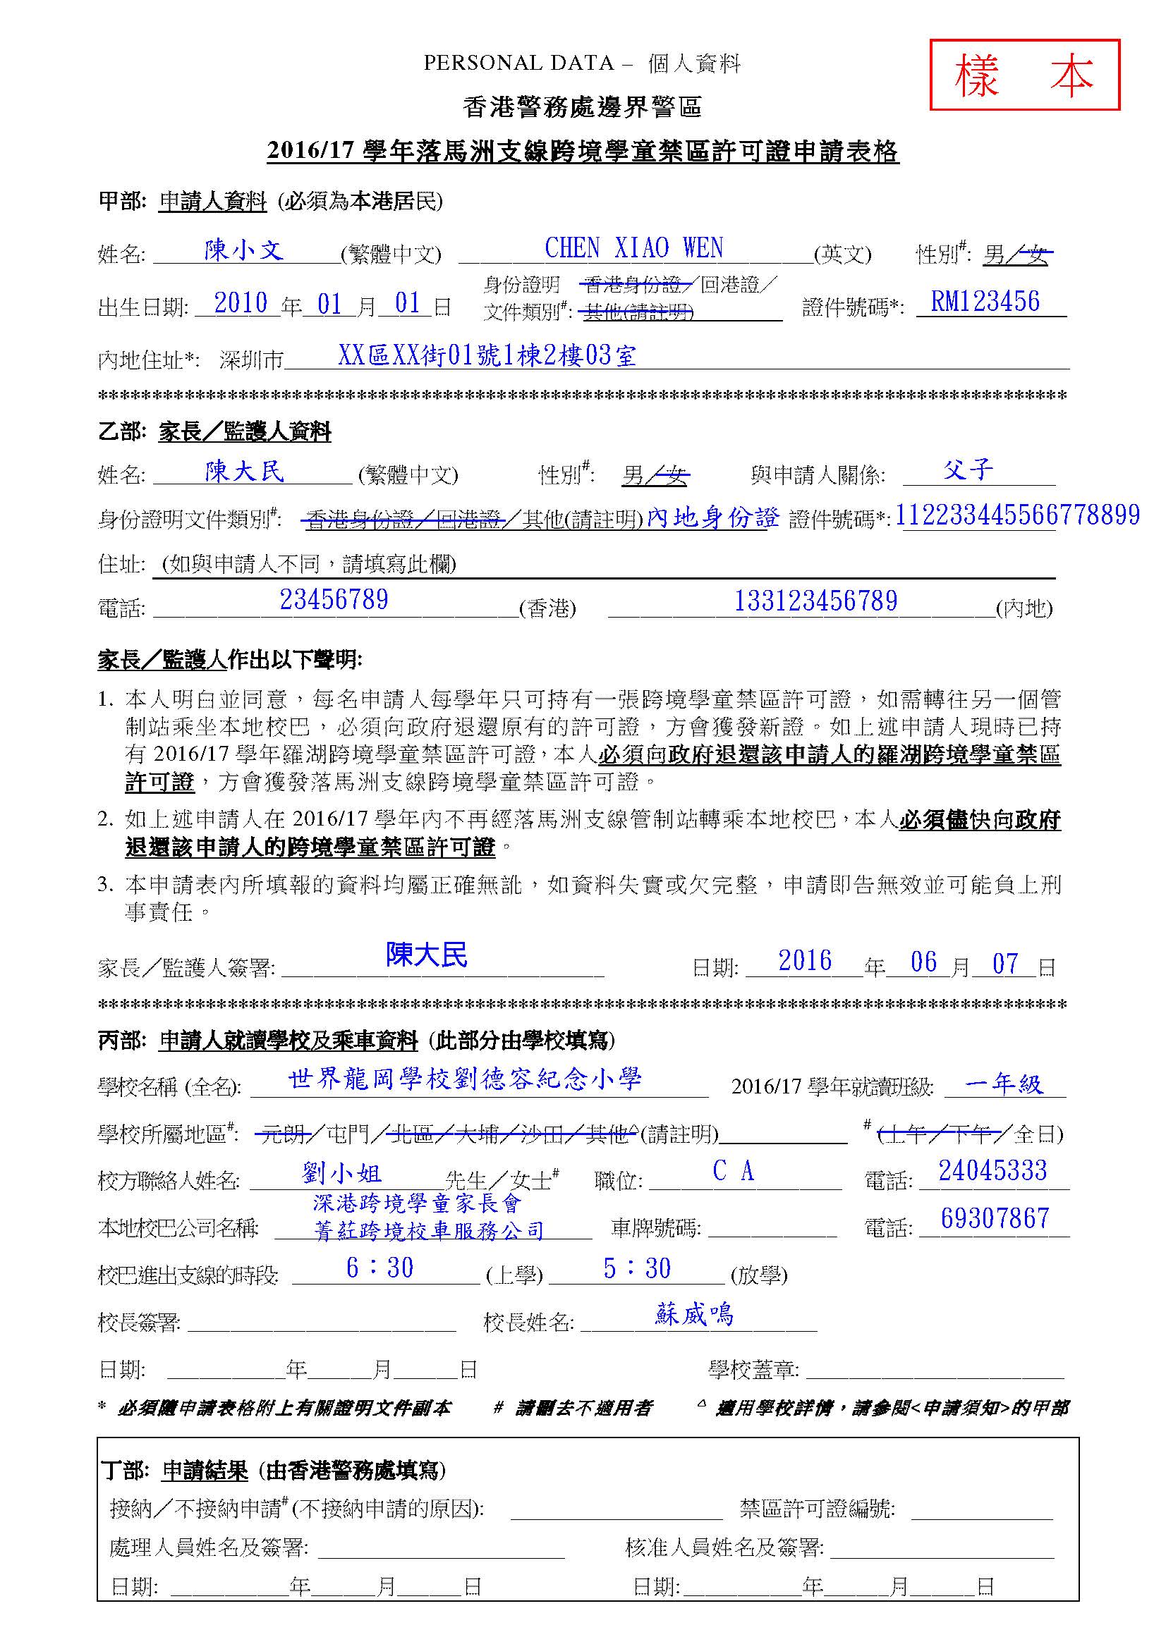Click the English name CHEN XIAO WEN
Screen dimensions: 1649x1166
pyautogui.click(x=633, y=248)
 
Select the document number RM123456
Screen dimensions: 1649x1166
pyautogui.click(x=985, y=302)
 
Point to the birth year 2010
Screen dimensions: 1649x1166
pyautogui.click(x=241, y=303)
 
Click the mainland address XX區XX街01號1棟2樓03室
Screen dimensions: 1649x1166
pyautogui.click(x=487, y=355)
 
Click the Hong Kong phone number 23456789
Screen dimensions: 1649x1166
pyautogui.click(x=334, y=599)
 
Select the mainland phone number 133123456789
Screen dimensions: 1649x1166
pyautogui.click(x=815, y=601)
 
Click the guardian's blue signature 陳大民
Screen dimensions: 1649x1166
pyautogui.click(x=426, y=955)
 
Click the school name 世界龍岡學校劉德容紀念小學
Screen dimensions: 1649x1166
pyautogui.click(x=465, y=1079)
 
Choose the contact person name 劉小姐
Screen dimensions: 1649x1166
pyautogui.click(x=342, y=1174)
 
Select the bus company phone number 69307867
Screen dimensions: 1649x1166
pyautogui.click(x=995, y=1218)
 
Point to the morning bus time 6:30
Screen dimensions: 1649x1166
pyautogui.click(x=379, y=1268)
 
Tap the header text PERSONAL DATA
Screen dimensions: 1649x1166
pyautogui.click(x=518, y=63)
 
